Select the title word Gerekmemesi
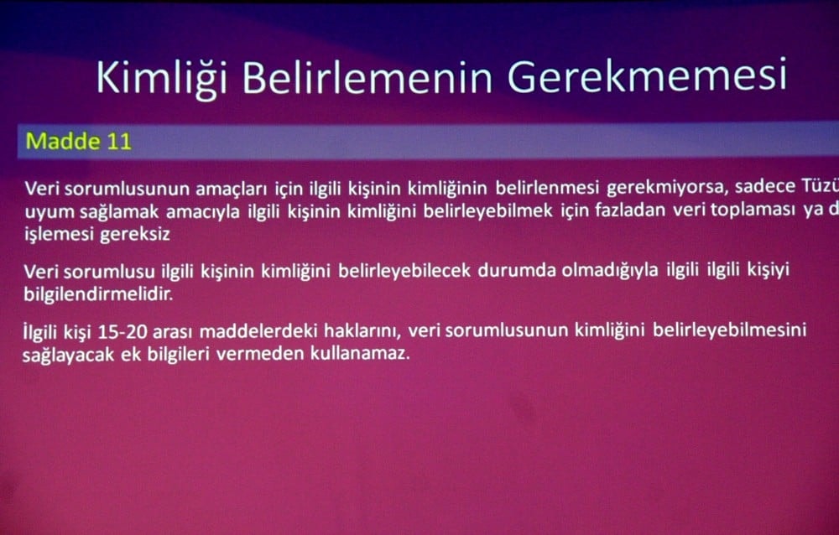[646, 77]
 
